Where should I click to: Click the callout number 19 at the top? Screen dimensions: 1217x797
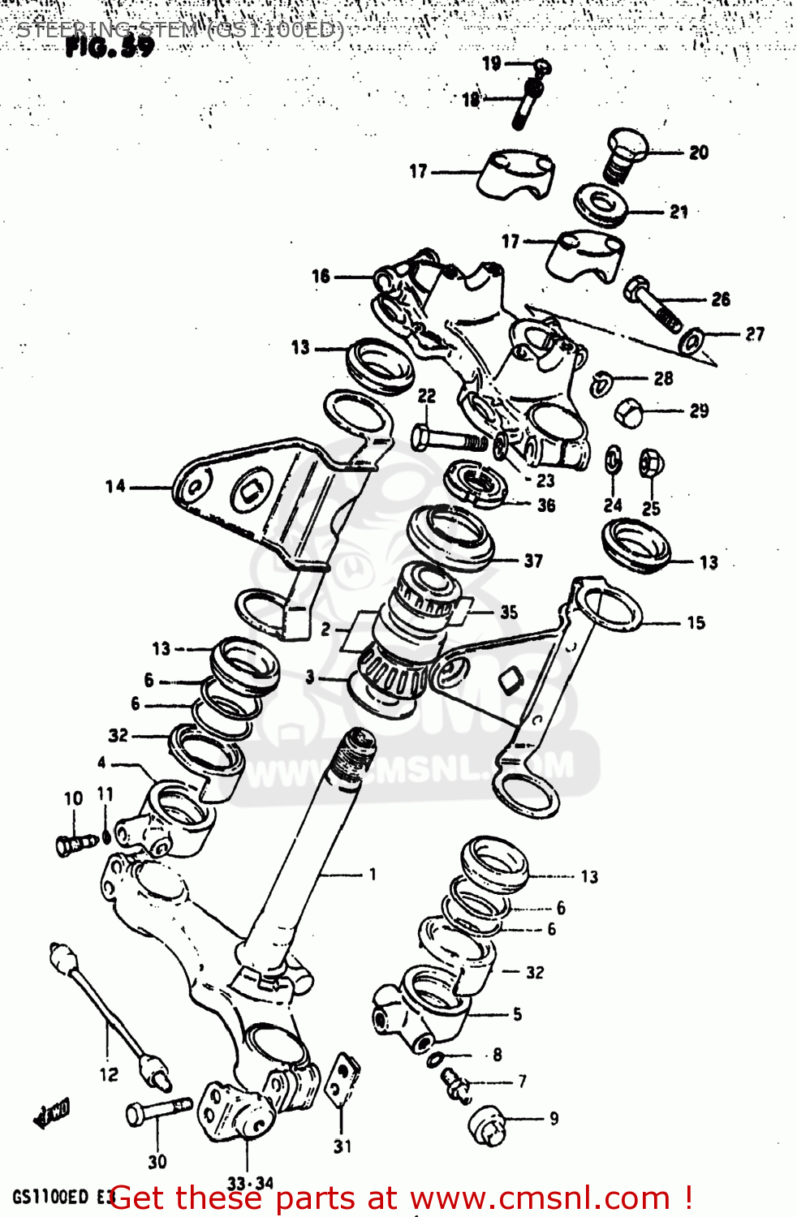492,63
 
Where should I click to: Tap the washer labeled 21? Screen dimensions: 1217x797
601,204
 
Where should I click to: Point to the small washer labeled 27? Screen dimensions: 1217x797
691,341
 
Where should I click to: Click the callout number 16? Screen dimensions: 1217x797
321,277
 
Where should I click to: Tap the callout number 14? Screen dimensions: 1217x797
115,487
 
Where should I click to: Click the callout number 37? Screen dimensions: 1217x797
533,561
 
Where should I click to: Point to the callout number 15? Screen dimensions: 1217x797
696,623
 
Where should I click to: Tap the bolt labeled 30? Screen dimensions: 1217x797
157,1111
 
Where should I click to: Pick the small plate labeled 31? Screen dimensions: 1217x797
342,1080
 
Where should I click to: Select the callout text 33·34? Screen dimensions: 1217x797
250,1184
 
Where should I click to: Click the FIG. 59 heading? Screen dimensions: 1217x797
110,48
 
